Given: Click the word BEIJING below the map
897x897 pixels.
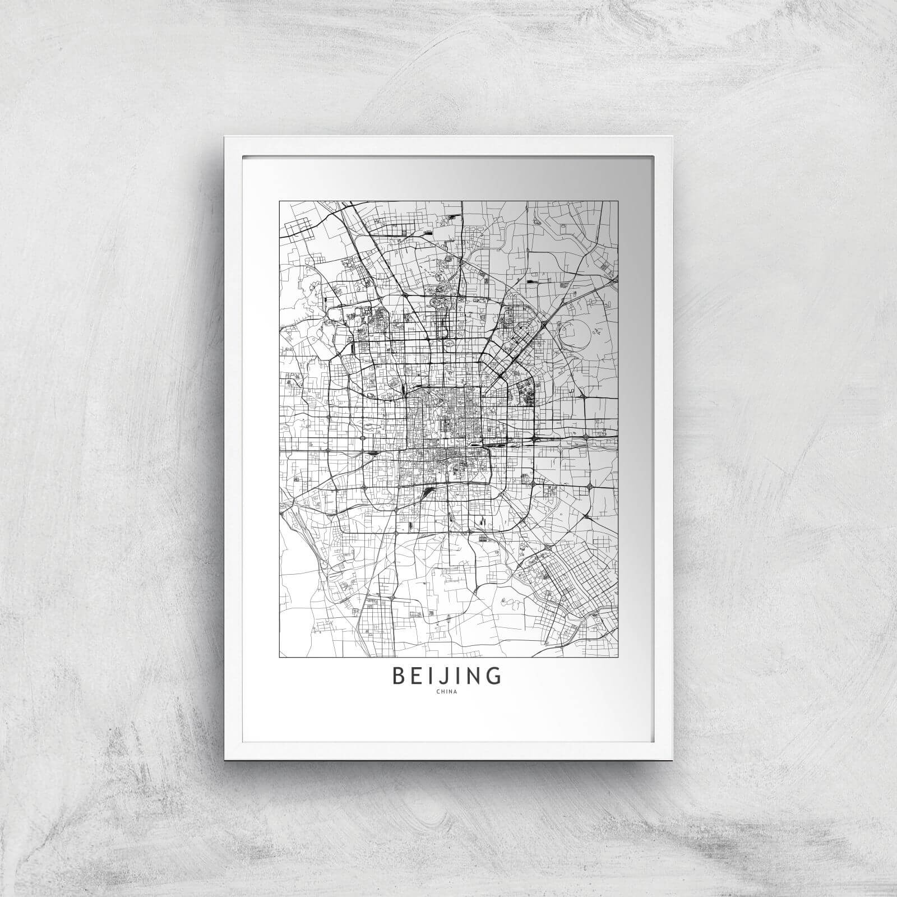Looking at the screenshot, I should coord(447,676).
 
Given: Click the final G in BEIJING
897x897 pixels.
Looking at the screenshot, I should coord(494,676).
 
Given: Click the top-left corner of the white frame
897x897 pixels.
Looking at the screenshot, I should coord(226,137).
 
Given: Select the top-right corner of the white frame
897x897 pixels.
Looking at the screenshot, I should coord(671,137).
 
